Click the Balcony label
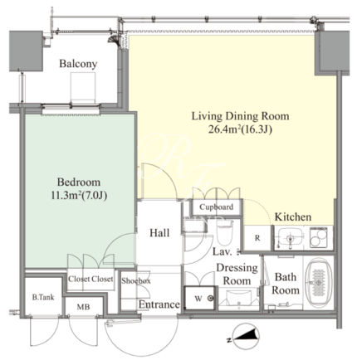(x=78, y=64)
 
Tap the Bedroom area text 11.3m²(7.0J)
(x=79, y=196)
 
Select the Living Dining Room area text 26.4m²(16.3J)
(x=240, y=129)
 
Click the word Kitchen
(x=293, y=216)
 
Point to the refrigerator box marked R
(x=257, y=238)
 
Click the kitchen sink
(x=290, y=238)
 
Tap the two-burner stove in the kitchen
(x=318, y=237)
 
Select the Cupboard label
(x=217, y=207)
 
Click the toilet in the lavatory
(x=224, y=231)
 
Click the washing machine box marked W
(x=200, y=298)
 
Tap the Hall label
(x=159, y=233)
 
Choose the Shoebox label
(x=136, y=281)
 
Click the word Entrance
(x=159, y=304)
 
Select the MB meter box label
(x=83, y=307)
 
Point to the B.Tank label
(x=43, y=298)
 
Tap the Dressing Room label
(x=237, y=275)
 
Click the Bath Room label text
(x=286, y=284)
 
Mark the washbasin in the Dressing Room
(x=238, y=299)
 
